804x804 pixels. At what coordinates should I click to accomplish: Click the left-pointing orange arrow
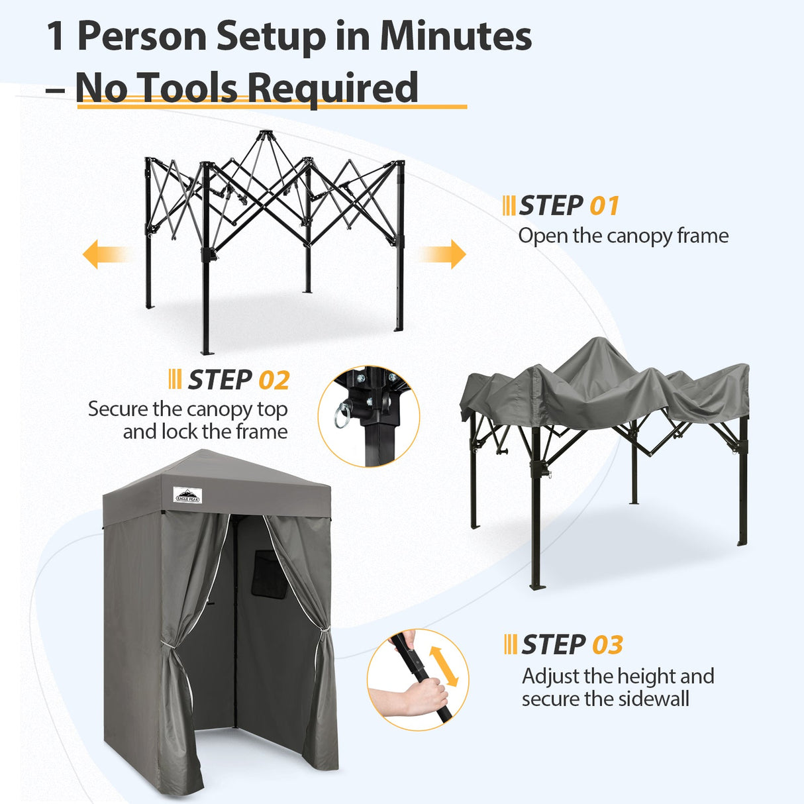(x=103, y=254)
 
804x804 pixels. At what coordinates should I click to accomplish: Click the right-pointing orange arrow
(x=445, y=254)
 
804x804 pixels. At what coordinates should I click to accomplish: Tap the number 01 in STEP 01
(x=604, y=206)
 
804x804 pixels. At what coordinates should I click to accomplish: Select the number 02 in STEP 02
(x=274, y=381)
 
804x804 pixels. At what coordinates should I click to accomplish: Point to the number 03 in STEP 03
(x=607, y=645)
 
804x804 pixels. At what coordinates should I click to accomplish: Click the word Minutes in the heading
(x=456, y=36)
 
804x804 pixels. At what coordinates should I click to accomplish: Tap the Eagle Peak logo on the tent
(x=187, y=495)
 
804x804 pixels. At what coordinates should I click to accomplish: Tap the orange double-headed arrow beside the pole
(x=444, y=666)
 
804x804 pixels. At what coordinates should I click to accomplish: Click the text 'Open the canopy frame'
(x=623, y=236)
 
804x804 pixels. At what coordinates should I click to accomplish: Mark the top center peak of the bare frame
(x=265, y=134)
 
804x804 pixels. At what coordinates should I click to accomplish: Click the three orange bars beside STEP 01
(x=509, y=206)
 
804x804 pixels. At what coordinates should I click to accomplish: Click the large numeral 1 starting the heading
(x=56, y=36)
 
